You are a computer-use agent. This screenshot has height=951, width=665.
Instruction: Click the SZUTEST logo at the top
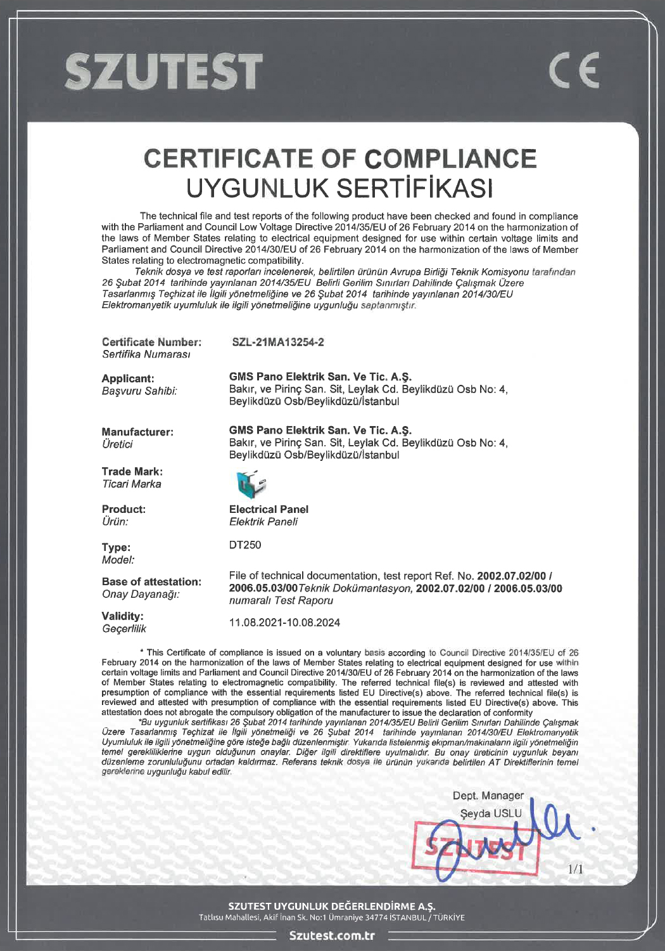[163, 70]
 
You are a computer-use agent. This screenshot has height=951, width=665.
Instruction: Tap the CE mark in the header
[574, 71]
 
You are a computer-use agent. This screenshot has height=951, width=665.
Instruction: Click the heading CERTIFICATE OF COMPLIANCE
[340, 158]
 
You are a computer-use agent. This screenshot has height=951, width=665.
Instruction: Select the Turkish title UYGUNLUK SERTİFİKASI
[340, 188]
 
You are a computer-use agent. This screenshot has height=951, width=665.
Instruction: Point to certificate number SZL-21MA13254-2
[278, 342]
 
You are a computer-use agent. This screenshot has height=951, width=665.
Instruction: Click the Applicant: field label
[128, 378]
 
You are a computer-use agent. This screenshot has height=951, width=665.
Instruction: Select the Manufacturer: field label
[137, 432]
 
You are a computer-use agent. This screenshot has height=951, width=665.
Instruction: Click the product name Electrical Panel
[269, 509]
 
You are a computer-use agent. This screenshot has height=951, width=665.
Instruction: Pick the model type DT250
[245, 545]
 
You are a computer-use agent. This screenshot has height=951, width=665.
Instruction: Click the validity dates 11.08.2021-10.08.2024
[284, 623]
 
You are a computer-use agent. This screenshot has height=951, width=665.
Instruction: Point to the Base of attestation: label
[151, 581]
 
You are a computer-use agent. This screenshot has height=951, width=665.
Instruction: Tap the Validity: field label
[122, 616]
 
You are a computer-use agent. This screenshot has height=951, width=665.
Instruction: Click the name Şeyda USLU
[491, 813]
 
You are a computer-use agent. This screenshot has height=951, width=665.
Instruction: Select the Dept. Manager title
[488, 796]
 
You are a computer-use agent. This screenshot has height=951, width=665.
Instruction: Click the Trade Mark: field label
[132, 472]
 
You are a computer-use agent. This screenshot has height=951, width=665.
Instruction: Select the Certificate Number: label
[151, 342]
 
